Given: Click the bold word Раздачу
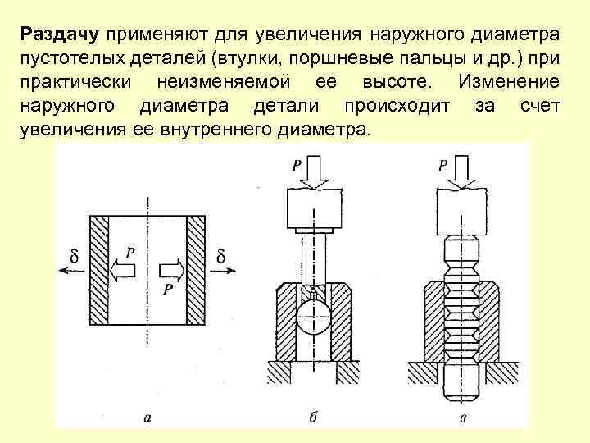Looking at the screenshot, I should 60,34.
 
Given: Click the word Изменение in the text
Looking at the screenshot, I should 509,83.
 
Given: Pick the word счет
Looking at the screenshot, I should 539,107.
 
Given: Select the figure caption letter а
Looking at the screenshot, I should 147,418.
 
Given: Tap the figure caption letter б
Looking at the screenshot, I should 313,418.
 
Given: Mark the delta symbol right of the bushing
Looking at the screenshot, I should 221,258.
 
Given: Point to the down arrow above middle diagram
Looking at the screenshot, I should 314,171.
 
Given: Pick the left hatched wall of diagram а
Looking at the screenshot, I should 99,269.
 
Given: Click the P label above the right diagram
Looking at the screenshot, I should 442,166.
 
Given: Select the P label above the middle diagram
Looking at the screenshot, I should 297,166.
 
